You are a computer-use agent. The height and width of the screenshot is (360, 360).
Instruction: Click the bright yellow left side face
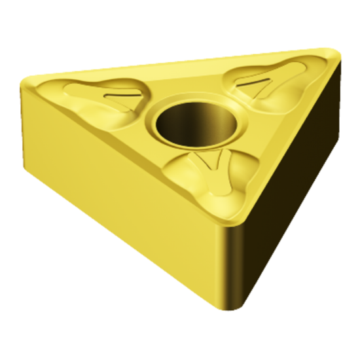(124, 196)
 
